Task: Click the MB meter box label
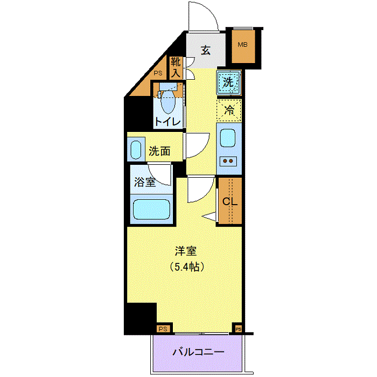(x=242, y=45)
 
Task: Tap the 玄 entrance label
(x=206, y=51)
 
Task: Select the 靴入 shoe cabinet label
(x=176, y=67)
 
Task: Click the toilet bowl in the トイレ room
(x=168, y=101)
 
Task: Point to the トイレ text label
(x=167, y=122)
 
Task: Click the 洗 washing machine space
(x=229, y=82)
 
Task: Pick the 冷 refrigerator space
(x=229, y=110)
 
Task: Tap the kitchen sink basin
(x=227, y=138)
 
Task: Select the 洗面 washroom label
(x=159, y=151)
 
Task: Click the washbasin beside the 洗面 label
(x=136, y=150)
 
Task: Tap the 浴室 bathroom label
(x=145, y=182)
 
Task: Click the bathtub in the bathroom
(x=151, y=210)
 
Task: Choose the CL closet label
(x=230, y=201)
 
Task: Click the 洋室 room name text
(x=186, y=252)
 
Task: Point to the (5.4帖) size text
(x=187, y=267)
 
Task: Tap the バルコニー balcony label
(x=198, y=352)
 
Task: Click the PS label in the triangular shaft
(x=158, y=73)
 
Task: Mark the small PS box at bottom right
(x=238, y=329)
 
